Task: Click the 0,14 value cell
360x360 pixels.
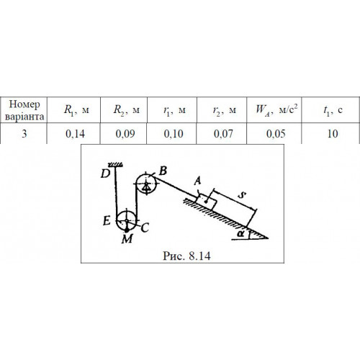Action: coord(75,134)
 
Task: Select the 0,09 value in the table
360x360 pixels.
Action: coord(125,134)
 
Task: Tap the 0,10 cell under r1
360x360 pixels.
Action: coord(174,134)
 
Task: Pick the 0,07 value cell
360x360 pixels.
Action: coord(223,134)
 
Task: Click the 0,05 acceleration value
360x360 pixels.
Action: coord(276,134)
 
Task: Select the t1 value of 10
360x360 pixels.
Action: coord(333,134)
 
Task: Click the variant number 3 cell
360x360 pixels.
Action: coord(24,134)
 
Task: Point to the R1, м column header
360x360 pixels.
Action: coord(76,110)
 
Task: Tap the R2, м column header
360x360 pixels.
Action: coord(126,110)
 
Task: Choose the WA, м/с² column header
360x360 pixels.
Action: coord(276,109)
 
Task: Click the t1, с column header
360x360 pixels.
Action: coord(333,110)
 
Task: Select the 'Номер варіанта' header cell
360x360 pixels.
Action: coord(24,110)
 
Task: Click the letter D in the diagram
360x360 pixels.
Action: coord(105,174)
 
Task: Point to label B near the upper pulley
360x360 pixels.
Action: coord(163,171)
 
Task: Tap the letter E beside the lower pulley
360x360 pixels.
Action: coord(107,220)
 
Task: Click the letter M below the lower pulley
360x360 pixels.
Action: coord(127,239)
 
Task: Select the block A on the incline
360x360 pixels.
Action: coord(207,202)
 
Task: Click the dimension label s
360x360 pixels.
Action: coord(242,195)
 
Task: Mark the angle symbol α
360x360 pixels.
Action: coord(240,233)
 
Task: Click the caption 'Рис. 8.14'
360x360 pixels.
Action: coord(186,256)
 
